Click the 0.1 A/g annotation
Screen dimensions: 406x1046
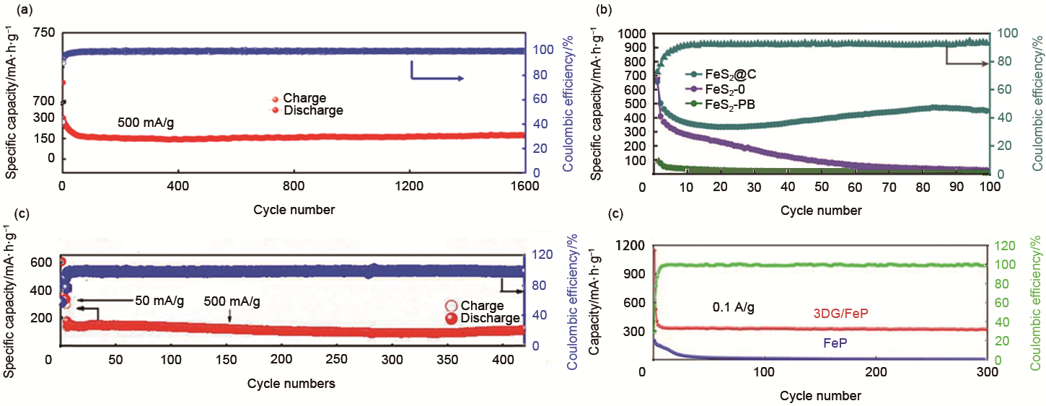[734, 308]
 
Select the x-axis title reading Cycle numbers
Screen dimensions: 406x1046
[291, 384]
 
